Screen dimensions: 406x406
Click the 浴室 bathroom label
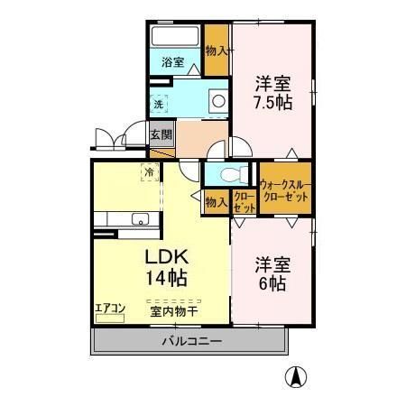[x=174, y=62]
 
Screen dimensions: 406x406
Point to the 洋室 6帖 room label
[x=272, y=274]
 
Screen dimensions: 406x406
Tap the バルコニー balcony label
[x=191, y=341]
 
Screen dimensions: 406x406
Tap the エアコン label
[x=109, y=308]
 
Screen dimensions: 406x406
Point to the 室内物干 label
[x=174, y=311]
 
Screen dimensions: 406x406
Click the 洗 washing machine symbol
[x=159, y=104]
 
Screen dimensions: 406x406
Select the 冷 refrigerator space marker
[x=147, y=169]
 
